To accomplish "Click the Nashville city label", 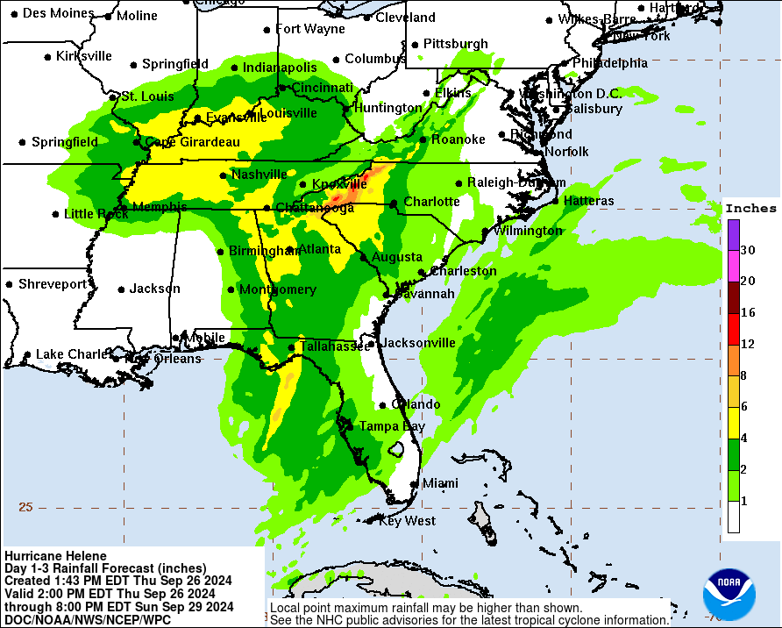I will tap(259, 175).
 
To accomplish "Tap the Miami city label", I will tap(440, 483).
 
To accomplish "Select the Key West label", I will tap(407, 521).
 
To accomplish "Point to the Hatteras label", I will tap(588, 201).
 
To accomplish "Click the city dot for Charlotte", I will tap(394, 203).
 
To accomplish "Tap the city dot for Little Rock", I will tap(56, 214).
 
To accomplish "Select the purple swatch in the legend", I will tap(733, 234).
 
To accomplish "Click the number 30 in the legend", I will tap(748, 250).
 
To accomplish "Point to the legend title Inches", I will tap(750, 208).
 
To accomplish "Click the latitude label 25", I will tap(25, 507).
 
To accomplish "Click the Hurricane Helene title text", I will tap(55, 556).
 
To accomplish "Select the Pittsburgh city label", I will tap(455, 44).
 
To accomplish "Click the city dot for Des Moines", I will tap(14, 13).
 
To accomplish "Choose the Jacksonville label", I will tap(419, 343).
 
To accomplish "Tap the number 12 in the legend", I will tap(748, 345).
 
